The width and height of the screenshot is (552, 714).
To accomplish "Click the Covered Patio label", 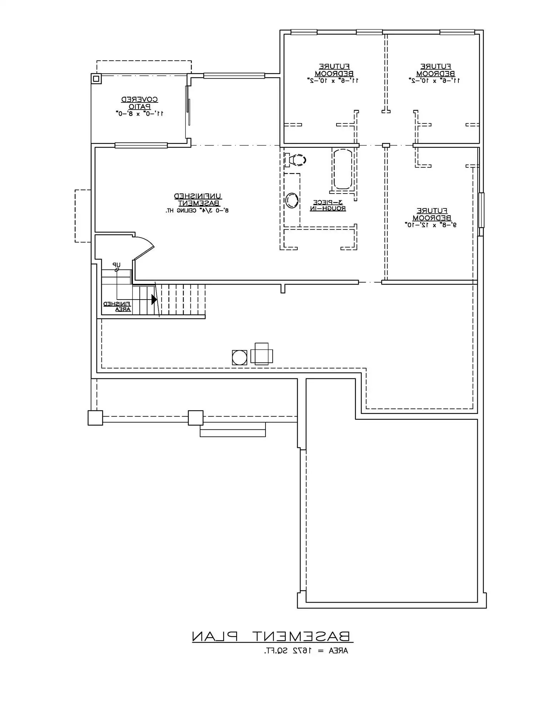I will [139, 103].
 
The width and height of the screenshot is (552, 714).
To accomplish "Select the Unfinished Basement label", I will [198, 200].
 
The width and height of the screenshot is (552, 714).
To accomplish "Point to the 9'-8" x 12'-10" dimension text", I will [431, 225].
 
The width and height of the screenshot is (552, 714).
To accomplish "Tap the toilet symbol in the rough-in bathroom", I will [296, 160].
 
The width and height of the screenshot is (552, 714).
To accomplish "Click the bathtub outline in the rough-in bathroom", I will [342, 169].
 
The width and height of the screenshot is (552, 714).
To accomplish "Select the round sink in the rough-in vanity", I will [292, 200].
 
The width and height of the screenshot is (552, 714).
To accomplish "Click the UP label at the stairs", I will [116, 265].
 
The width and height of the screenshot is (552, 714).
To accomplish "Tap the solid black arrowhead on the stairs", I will [154, 300].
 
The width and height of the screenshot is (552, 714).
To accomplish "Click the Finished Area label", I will [118, 307].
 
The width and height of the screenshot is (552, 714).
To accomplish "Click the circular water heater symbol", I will [239, 357].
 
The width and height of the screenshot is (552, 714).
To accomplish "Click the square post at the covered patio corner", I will [96, 78].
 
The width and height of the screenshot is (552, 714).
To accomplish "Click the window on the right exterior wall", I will [481, 210].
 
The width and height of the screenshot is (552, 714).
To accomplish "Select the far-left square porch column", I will [95, 418].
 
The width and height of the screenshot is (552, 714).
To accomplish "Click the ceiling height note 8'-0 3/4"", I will [197, 211].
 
